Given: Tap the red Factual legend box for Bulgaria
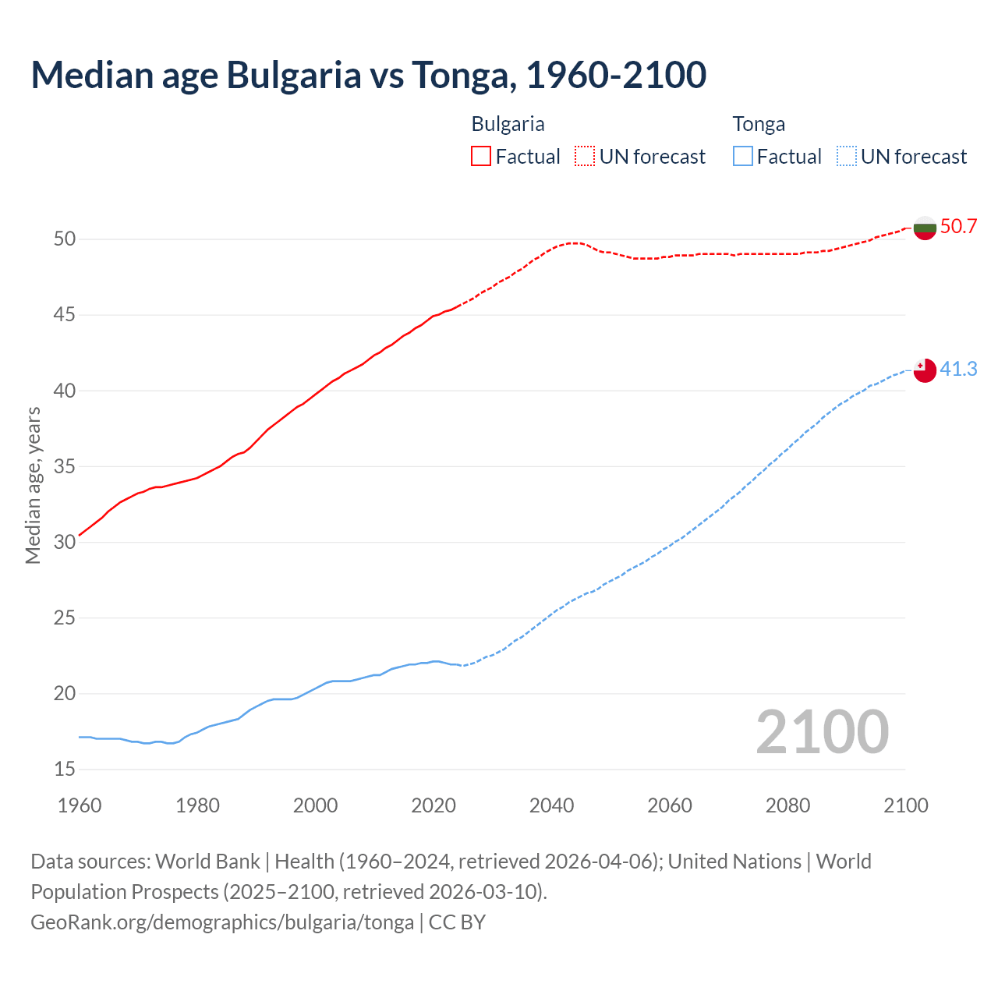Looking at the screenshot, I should pyautogui.click(x=481, y=157).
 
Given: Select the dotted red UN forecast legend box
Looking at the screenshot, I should pyautogui.click(x=585, y=157).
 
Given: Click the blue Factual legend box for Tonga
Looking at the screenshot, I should pyautogui.click(x=743, y=157).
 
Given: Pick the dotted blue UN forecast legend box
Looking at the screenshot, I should pyautogui.click(x=846, y=157).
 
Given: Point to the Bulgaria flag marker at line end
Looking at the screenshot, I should pyautogui.click(x=925, y=228).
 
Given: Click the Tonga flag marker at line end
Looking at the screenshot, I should pyautogui.click(x=925, y=370).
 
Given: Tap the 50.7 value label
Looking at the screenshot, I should pyautogui.click(x=958, y=227).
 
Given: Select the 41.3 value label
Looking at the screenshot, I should pyautogui.click(x=958, y=369).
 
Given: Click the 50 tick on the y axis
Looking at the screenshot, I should pyautogui.click(x=65, y=239).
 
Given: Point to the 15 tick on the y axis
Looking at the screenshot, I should pyautogui.click(x=65, y=770).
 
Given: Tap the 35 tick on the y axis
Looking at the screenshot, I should pyautogui.click(x=65, y=467).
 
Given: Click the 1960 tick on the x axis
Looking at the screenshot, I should pyautogui.click(x=80, y=805).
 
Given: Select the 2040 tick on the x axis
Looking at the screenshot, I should pyautogui.click(x=551, y=805).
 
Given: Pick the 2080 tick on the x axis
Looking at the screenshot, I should pyautogui.click(x=787, y=805).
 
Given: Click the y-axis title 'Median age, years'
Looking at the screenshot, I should pyautogui.click(x=33, y=485).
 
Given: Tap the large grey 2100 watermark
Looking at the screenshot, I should pyautogui.click(x=822, y=731).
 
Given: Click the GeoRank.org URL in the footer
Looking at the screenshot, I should pyautogui.click(x=222, y=922).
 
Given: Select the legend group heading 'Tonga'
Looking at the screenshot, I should pyautogui.click(x=759, y=124).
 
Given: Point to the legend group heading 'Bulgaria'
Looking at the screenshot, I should pyautogui.click(x=508, y=124).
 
